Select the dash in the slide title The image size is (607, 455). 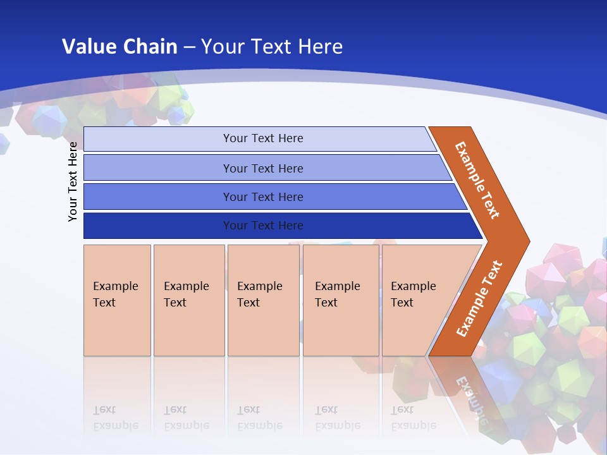(189, 47)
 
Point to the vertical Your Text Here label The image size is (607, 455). (73, 181)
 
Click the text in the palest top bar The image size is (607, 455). (263, 138)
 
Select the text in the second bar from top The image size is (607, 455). (263, 168)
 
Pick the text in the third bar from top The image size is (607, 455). (263, 197)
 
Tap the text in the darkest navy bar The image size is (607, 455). (263, 226)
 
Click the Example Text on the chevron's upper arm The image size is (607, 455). (477, 180)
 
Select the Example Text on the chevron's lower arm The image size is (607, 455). (479, 298)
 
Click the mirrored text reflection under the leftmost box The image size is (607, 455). (116, 418)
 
